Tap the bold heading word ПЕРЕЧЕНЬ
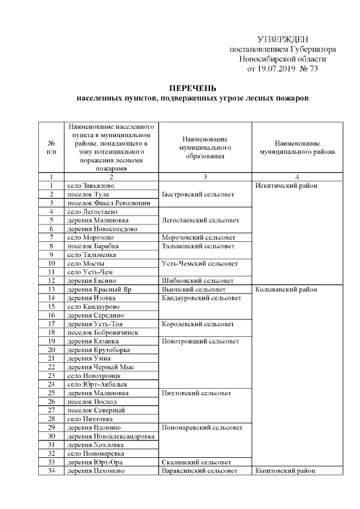click(x=193, y=89)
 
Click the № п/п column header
click(x=51, y=147)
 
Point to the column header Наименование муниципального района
click(x=297, y=147)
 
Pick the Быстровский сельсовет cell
click(x=195, y=194)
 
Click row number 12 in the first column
click(x=51, y=281)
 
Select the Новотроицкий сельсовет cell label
click(x=200, y=341)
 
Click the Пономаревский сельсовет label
click(x=202, y=427)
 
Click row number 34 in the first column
click(x=51, y=470)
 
